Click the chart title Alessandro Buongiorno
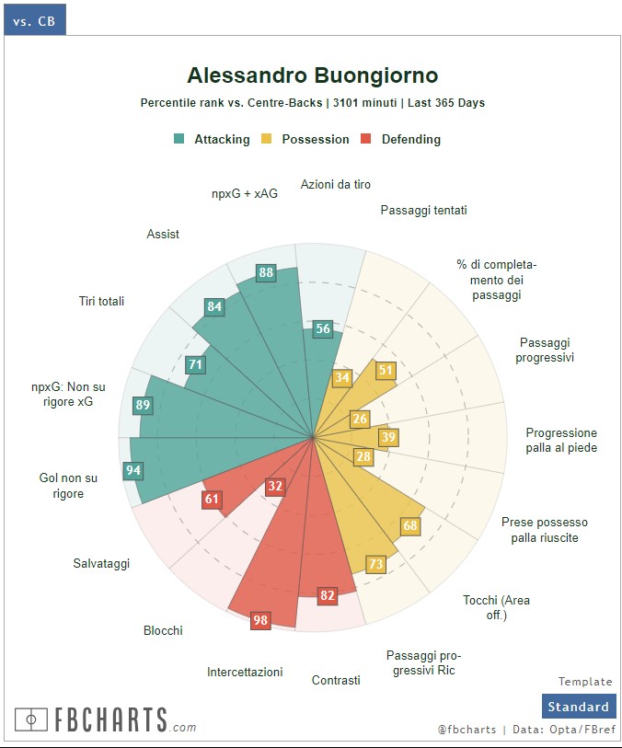312,75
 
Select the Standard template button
578,707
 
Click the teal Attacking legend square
179,139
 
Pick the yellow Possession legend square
267,139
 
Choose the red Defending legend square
366,139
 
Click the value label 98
260,620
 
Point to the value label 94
132,471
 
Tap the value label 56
322,329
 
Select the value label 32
275,486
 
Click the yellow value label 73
375,564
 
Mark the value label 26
360,419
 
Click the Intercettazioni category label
245,673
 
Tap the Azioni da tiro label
336,185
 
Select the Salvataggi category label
101,563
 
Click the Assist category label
163,235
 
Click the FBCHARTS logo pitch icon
31,719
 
